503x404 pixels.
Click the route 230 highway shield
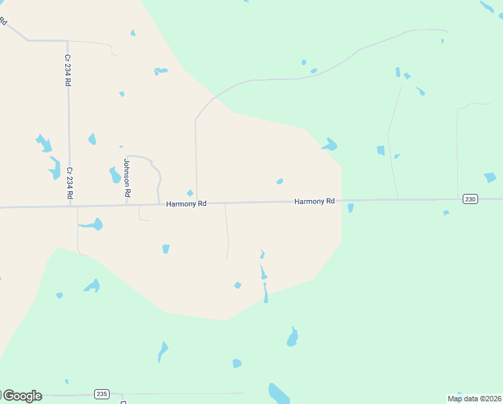(470, 199)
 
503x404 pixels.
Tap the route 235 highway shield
(102, 394)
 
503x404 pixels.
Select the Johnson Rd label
(126, 177)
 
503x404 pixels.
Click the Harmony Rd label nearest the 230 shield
(314, 201)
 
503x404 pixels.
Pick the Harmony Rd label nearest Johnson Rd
(186, 203)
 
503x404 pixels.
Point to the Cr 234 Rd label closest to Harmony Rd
(69, 182)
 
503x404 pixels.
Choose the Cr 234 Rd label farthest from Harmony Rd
(67, 70)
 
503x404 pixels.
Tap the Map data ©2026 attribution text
(474, 399)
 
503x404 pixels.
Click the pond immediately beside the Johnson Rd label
(115, 175)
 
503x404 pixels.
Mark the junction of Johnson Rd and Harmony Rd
(127, 205)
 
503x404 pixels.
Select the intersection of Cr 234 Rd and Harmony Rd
(69, 206)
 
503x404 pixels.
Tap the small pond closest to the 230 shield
(446, 213)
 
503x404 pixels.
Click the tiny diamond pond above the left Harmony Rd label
(190, 193)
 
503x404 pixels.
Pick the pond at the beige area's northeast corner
(330, 145)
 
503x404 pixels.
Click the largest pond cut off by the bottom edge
(278, 393)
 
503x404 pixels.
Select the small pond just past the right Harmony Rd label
(350, 208)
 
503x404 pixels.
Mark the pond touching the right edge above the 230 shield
(490, 178)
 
